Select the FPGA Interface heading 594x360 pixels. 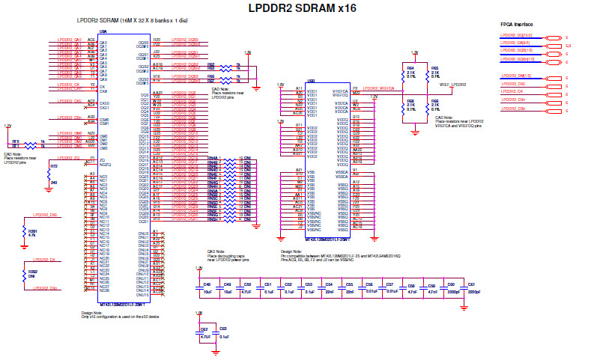pyautogui.click(x=516, y=24)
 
